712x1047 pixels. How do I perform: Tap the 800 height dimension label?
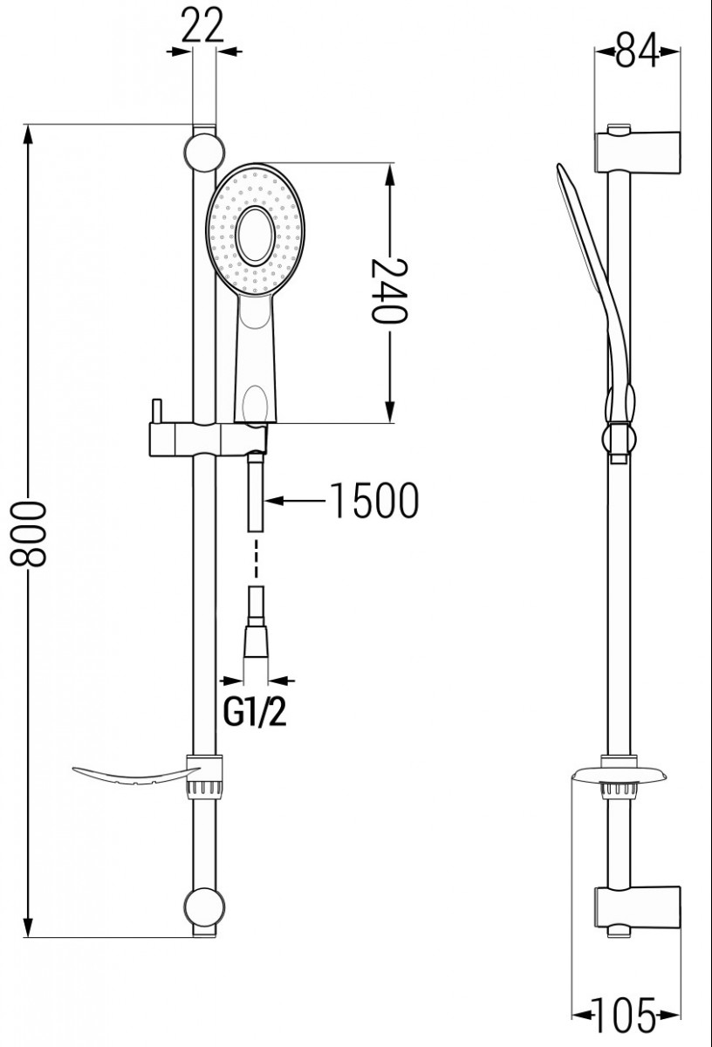pyautogui.click(x=29, y=534)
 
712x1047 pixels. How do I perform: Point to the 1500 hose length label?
pyautogui.click(x=374, y=501)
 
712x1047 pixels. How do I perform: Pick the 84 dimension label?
pyautogui.click(x=637, y=49)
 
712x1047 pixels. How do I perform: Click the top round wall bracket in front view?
pyautogui.click(x=204, y=153)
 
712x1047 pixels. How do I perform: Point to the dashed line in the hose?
pyautogui.click(x=256, y=558)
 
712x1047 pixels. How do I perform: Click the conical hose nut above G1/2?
pyautogui.click(x=256, y=641)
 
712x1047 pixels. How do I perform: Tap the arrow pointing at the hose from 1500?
pyautogui.click(x=296, y=501)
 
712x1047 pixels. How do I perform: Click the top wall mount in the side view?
pyautogui.click(x=637, y=148)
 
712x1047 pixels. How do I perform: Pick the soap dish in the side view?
pyautogui.click(x=620, y=776)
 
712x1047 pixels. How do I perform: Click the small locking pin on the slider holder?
pyautogui.click(x=156, y=411)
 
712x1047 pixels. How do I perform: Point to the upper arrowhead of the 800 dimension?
pyautogui.click(x=29, y=135)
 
